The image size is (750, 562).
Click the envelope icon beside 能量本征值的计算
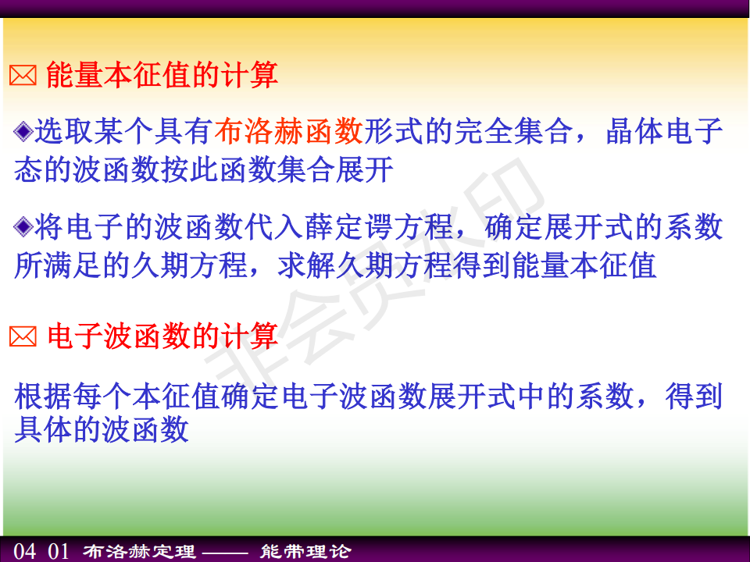tap(23, 76)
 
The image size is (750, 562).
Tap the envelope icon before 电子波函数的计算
tap(23, 337)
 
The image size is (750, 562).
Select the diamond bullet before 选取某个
tap(23, 131)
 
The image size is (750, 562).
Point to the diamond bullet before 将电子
tap(23, 226)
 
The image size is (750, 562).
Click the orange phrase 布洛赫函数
tap(288, 131)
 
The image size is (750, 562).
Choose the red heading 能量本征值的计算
tap(162, 75)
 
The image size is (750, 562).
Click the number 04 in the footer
tap(25, 551)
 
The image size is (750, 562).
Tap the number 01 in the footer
tap(59, 551)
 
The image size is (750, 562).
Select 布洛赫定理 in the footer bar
tap(139, 552)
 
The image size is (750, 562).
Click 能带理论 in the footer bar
tap(305, 552)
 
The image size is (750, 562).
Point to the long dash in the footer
tap(225, 553)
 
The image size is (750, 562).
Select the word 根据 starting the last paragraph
tap(43, 397)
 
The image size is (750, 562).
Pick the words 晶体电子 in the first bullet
tap(664, 131)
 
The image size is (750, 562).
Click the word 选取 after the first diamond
tap(63, 131)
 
